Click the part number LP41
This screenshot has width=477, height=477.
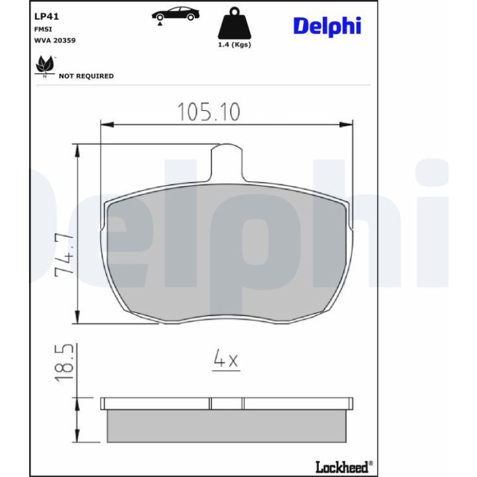(46, 17)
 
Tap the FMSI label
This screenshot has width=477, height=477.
(43, 29)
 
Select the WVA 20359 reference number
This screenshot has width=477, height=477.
(55, 40)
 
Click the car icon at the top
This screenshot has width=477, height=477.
(175, 15)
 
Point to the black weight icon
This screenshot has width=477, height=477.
(234, 24)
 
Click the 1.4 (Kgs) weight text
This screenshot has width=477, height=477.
(234, 45)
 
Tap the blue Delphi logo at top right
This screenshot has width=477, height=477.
(327, 26)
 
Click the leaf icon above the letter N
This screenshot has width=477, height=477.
(45, 64)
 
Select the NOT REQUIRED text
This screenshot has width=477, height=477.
(86, 76)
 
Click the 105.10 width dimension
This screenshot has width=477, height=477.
(209, 112)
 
